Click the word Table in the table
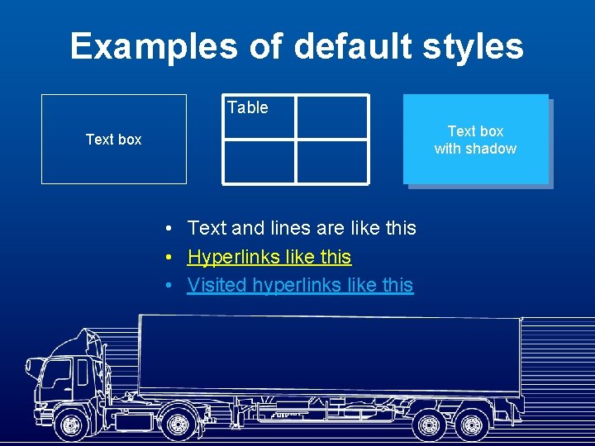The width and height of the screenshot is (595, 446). [247, 107]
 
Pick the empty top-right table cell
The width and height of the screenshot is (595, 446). [331, 116]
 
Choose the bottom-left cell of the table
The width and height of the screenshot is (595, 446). [259, 161]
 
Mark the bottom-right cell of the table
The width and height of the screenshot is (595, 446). [331, 161]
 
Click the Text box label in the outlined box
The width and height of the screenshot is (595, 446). [113, 140]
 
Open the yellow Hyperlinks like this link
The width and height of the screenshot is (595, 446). [269, 257]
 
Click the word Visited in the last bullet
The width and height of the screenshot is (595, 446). [217, 285]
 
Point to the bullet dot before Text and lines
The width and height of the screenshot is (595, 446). [168, 228]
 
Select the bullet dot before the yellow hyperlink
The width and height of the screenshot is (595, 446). [168, 257]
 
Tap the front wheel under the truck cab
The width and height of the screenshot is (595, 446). [73, 425]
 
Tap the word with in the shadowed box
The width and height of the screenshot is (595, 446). [448, 149]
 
